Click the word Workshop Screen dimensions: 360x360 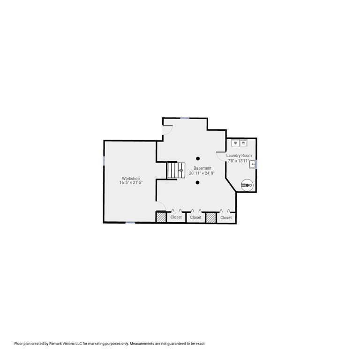click(x=131, y=178)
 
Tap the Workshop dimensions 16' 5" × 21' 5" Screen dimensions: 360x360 click(x=131, y=182)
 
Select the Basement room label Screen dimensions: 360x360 click(x=202, y=168)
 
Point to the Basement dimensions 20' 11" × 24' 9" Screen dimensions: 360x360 click(x=202, y=173)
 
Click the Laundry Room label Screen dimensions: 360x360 click(x=239, y=156)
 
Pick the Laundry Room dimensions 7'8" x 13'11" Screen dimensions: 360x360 click(x=238, y=161)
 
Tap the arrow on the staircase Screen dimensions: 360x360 click(x=180, y=170)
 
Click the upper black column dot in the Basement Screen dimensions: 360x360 click(x=198, y=158)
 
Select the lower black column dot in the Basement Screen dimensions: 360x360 click(x=198, y=182)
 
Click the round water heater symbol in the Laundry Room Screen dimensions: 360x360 click(x=247, y=186)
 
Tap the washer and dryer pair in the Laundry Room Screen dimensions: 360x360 click(x=239, y=143)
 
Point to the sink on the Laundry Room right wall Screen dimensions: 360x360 click(x=253, y=164)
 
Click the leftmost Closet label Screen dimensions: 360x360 click(x=176, y=217)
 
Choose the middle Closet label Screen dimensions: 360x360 click(x=196, y=217)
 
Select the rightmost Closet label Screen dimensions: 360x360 click(x=226, y=217)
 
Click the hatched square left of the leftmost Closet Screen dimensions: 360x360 click(x=161, y=217)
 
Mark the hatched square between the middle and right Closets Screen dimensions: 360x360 click(x=210, y=217)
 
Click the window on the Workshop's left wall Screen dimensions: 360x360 click(x=104, y=161)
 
